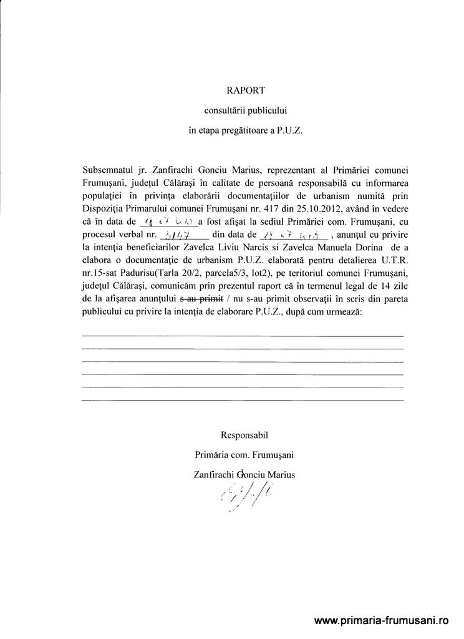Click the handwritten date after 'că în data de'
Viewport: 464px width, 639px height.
(x=162, y=222)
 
